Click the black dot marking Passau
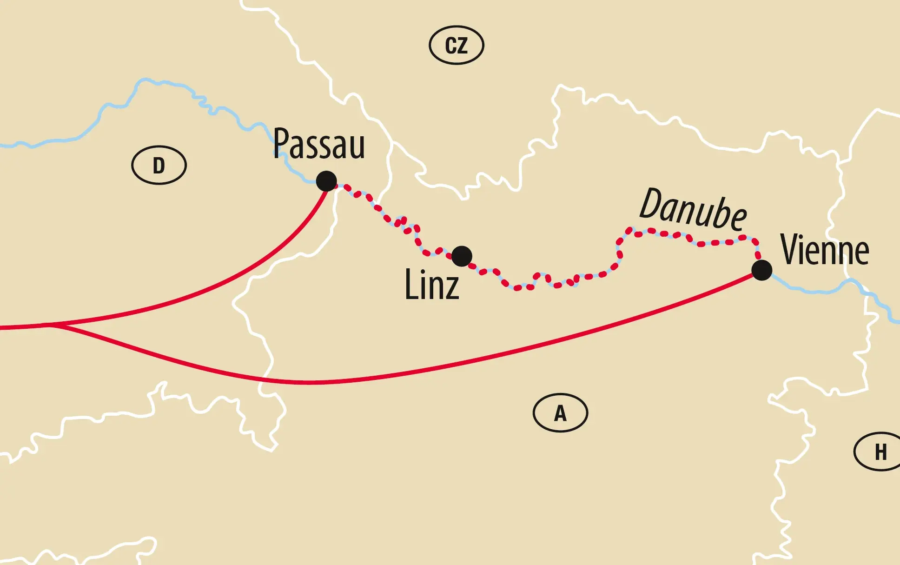click(x=326, y=181)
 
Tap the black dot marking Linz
click(x=462, y=256)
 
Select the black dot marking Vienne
click(x=761, y=270)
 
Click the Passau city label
click(x=319, y=144)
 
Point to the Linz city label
click(x=432, y=285)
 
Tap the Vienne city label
click(x=825, y=250)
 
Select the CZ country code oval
click(x=456, y=45)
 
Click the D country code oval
click(x=159, y=165)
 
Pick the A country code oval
click(x=560, y=413)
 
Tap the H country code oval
click(x=879, y=452)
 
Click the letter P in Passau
click(x=280, y=144)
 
